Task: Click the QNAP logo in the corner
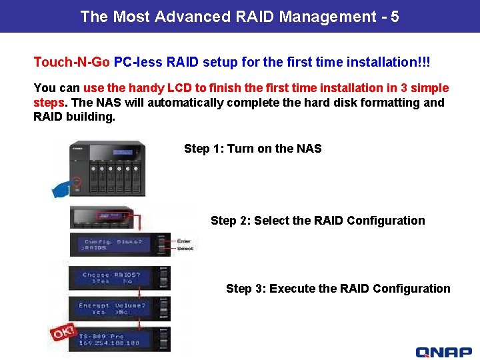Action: (x=443, y=351)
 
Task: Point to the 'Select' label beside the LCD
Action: (x=185, y=249)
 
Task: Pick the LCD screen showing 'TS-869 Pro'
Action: (x=113, y=339)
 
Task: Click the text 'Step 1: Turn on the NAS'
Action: (x=253, y=149)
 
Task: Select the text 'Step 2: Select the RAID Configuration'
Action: (x=317, y=221)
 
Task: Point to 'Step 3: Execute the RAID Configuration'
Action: (x=338, y=289)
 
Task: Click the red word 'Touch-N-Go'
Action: (x=71, y=62)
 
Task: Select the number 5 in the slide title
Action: (x=395, y=17)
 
